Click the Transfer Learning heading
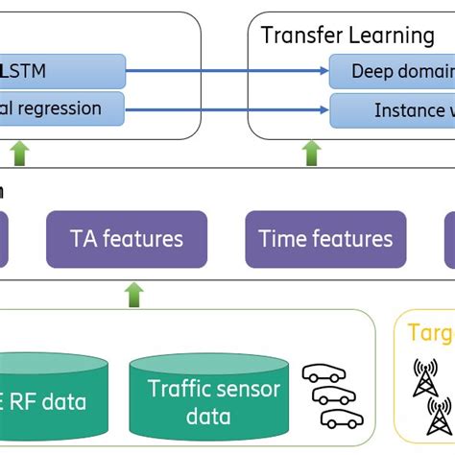(347, 36)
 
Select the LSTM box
(62, 71)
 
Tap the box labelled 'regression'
(62, 108)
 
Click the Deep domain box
(392, 71)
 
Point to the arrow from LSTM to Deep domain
(227, 71)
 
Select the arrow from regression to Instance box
(227, 108)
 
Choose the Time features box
(326, 239)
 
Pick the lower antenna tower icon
(441, 419)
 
